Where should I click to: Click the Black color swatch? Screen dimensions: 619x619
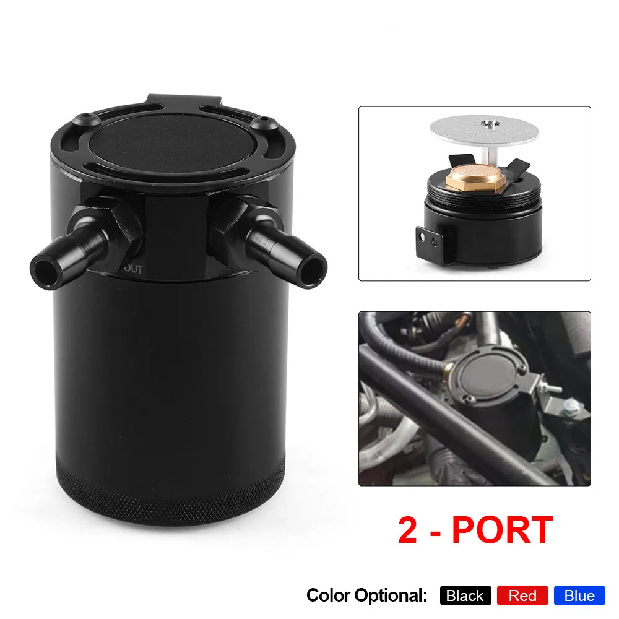pos(465,595)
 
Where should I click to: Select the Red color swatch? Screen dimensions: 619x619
pos(522,595)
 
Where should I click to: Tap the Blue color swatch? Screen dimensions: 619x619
pos(579,595)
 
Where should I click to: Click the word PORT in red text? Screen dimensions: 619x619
pos(501,530)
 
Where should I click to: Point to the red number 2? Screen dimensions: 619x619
pos(407,530)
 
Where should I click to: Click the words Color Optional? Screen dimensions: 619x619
pos(366,595)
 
